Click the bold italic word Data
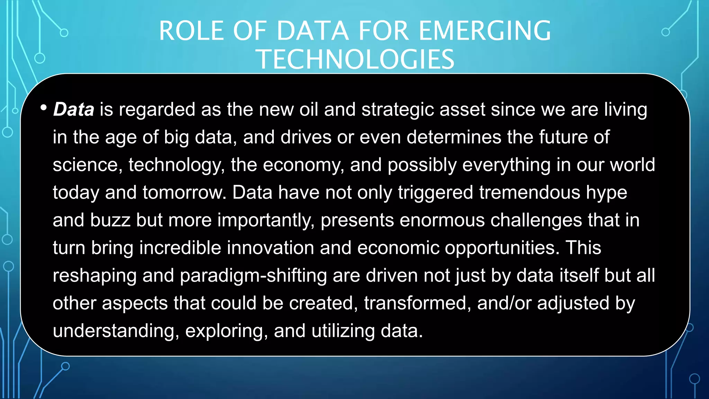click(x=73, y=109)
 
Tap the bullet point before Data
click(x=43, y=108)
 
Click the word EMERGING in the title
click(x=485, y=31)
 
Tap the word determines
click(x=454, y=137)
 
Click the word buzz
click(x=110, y=220)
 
